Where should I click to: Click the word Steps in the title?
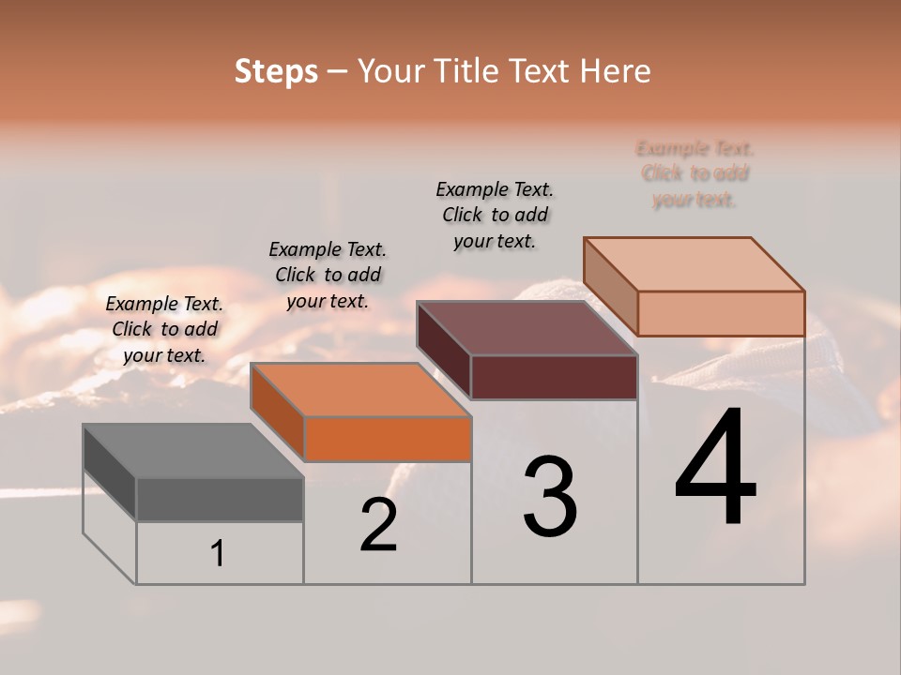276,71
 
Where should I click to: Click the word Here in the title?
616,71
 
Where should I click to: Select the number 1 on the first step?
218,553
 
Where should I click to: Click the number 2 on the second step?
378,525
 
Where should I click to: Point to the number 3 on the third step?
550,497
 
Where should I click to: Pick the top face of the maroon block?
527,328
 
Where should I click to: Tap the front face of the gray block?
220,499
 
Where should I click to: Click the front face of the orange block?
387,439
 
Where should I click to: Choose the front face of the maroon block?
554,377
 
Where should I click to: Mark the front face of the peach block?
721,313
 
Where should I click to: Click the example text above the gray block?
164,329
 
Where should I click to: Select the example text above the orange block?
328,275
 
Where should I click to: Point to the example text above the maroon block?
495,215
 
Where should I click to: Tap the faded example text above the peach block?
695,173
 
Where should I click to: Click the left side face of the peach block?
610,285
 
